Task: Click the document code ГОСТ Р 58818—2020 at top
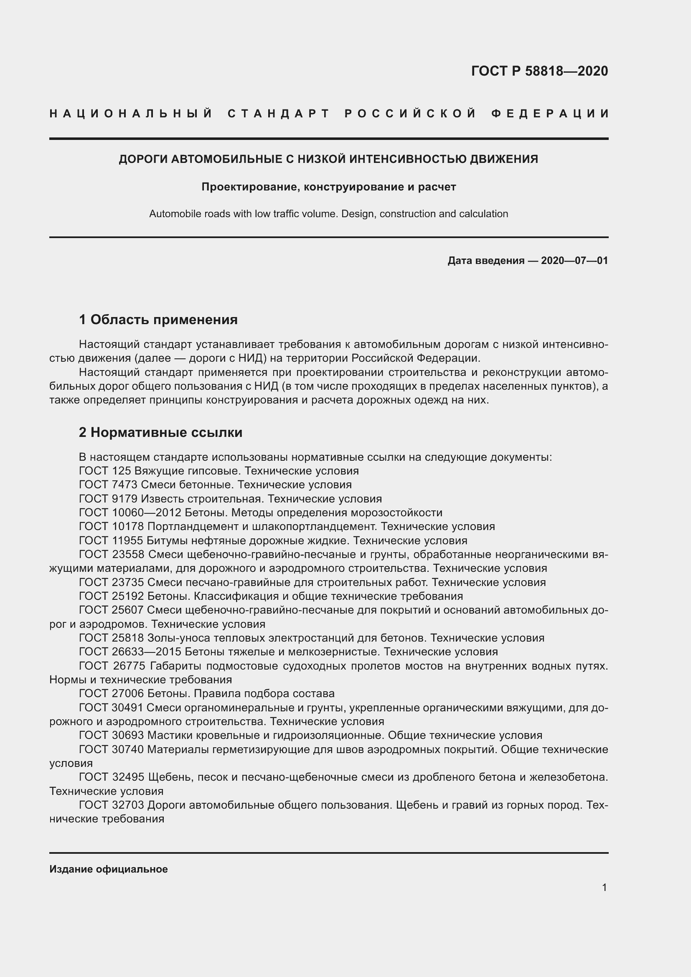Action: tap(539, 71)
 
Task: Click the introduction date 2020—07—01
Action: tap(574, 260)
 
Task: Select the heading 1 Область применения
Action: tap(158, 319)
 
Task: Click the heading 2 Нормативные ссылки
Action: tap(160, 432)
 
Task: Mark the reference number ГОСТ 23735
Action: tap(112, 582)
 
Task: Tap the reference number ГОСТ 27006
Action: tap(112, 693)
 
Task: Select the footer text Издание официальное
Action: tap(109, 869)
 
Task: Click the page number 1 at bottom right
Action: tap(604, 887)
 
